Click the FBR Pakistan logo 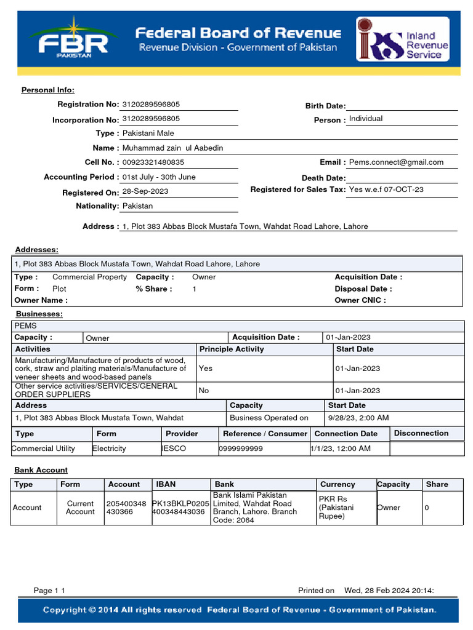point(73,39)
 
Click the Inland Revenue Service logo point(403,39)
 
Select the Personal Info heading point(48,90)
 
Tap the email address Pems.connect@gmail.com point(396,162)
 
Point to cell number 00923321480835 point(153,162)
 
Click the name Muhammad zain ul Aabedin point(172,148)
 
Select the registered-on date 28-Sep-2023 point(145,191)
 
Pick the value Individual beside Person point(366,119)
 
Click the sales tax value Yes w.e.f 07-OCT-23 point(386,189)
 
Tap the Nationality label point(97,206)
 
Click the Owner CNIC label point(360,300)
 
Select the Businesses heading point(39,314)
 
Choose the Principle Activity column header point(232,349)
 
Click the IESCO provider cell point(174,449)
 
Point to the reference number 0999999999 point(241,449)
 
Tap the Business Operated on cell point(269,418)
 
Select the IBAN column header point(166,484)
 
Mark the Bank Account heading point(41,470)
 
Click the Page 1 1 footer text point(49,591)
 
